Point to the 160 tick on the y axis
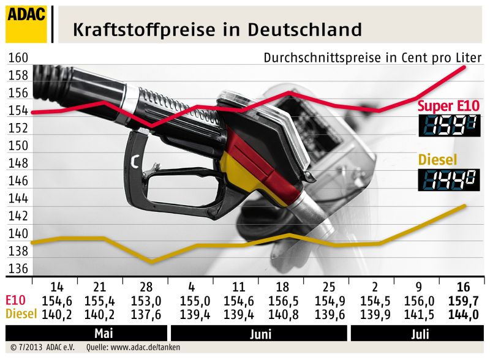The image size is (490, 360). pyautogui.click(x=18, y=58)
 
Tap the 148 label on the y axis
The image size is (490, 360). pyautogui.click(x=18, y=164)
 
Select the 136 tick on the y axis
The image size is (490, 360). pyautogui.click(x=18, y=269)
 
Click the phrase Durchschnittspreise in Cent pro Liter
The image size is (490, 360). pyautogui.click(x=372, y=58)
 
